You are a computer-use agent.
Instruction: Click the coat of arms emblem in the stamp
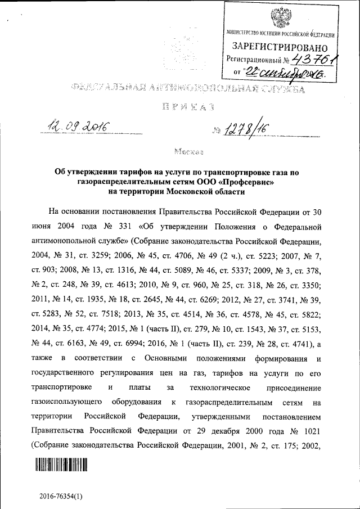coord(279,18)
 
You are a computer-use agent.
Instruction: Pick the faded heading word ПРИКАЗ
coord(179,105)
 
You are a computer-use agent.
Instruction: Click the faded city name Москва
coord(188,152)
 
